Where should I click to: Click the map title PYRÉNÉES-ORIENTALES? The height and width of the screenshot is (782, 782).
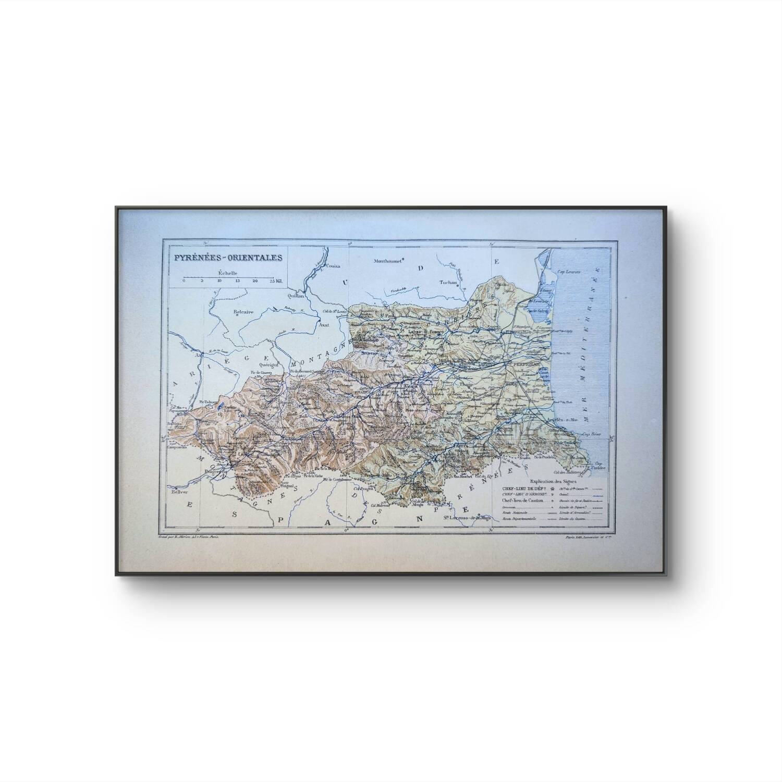tap(228, 257)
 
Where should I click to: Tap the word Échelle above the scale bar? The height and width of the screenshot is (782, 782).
tap(228, 273)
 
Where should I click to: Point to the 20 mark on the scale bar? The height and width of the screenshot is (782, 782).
tap(255, 281)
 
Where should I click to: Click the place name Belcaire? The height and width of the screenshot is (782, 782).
tap(243, 311)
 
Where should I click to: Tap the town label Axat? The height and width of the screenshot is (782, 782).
tap(324, 324)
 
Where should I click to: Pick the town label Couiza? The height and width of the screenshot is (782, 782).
tap(333, 266)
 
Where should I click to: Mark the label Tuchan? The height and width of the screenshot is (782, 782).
tap(448, 283)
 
